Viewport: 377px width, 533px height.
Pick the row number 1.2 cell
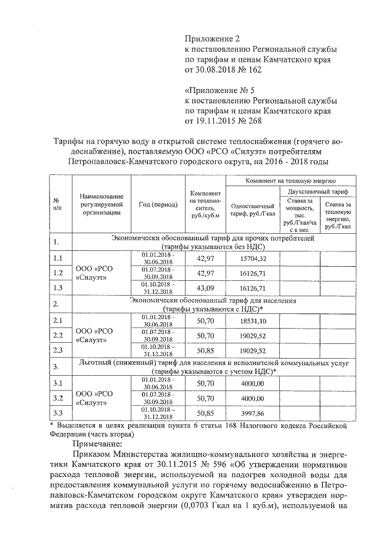pos(58,273)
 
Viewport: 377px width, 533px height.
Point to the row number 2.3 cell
pos(58,350)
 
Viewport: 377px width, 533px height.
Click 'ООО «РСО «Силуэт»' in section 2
pos(94,335)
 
